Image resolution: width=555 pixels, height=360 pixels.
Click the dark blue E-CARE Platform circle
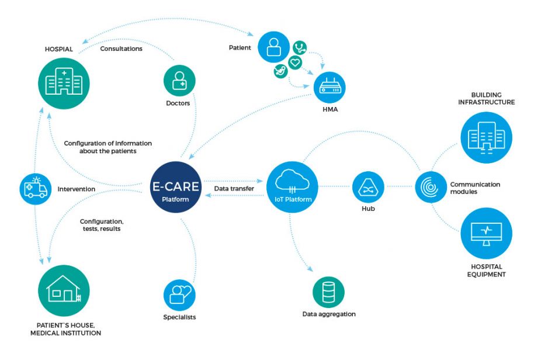[175, 187]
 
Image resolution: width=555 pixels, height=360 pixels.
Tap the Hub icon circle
[368, 188]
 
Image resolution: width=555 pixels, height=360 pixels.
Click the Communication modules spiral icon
[431, 187]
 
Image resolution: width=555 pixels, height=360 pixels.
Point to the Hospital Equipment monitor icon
[486, 233]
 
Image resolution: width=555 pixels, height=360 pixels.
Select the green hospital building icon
[64, 84]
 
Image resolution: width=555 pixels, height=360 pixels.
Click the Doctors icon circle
[179, 81]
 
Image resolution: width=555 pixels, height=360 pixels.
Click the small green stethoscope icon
[301, 47]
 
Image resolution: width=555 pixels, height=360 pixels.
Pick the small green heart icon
[296, 62]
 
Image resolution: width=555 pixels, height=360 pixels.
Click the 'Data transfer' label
[233, 189]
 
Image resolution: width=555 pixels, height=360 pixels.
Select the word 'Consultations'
[121, 49]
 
